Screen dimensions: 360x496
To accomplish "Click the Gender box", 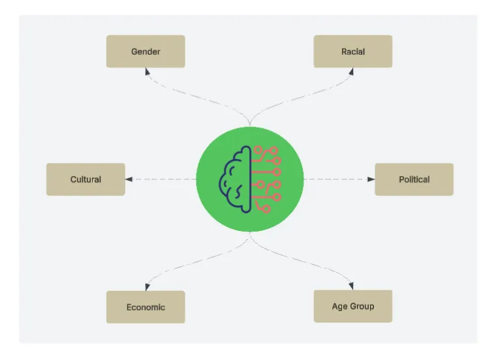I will click(146, 52).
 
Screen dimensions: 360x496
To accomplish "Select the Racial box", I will click(352, 52).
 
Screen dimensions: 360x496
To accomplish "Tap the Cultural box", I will click(85, 179).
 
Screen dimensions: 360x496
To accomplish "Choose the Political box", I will click(414, 179).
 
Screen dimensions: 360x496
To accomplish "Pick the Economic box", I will click(146, 307).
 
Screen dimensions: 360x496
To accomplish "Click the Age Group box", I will click(352, 307).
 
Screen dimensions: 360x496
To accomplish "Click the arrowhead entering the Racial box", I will click(352, 72).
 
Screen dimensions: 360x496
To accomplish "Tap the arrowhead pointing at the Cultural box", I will click(129, 179).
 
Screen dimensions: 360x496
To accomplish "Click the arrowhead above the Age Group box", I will click(352, 286).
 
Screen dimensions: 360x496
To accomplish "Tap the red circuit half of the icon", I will click(266, 179).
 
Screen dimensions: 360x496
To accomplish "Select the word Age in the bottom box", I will click(339, 307).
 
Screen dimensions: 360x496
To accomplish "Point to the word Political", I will click(414, 179).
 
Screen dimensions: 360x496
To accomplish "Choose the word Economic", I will click(146, 307).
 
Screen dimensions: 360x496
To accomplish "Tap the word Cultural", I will click(85, 179).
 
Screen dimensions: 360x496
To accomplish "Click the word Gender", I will click(146, 52).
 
